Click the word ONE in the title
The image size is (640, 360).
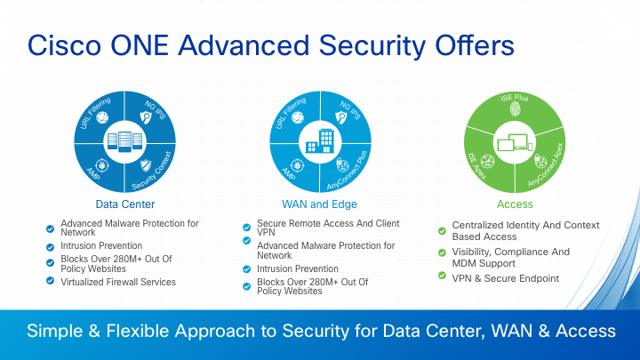pos(140,45)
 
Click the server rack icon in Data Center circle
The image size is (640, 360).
pos(125,141)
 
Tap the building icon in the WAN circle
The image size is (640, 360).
pos(320,141)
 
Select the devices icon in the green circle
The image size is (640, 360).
pos(515,143)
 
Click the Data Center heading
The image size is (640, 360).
pos(125,204)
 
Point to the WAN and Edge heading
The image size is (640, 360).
pos(320,204)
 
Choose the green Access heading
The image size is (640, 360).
pos(515,204)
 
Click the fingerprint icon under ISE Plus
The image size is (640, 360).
pos(515,109)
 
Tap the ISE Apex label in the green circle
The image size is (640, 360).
pos(476,166)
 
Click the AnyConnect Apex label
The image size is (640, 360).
pos(546,165)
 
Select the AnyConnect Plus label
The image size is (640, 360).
pos(347,170)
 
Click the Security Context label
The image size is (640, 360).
pos(152,171)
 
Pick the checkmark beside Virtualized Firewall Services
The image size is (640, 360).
pos(50,280)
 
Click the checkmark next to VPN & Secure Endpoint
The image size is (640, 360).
pos(442,276)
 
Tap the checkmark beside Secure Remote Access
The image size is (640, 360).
pos(246,227)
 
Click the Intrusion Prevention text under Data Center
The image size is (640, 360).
pos(101,245)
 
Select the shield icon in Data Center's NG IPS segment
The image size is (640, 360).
pos(146,117)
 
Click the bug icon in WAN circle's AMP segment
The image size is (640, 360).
pos(297,165)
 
